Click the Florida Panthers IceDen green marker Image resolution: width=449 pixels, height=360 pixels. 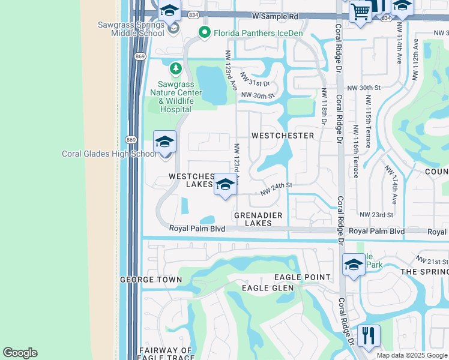(x=204, y=33)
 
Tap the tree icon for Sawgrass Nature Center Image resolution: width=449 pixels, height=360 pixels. (x=175, y=69)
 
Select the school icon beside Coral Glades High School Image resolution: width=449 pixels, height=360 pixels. (x=164, y=143)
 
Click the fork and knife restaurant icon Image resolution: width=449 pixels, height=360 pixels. (x=369, y=335)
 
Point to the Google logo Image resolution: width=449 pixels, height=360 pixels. (x=20, y=353)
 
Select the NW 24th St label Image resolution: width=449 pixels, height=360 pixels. (x=276, y=189)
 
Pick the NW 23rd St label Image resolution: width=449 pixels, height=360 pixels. (x=376, y=214)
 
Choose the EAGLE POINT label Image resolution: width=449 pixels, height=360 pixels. (x=302, y=277)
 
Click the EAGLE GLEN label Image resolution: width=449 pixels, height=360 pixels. (x=268, y=288)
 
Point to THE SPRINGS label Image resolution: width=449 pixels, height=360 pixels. (x=424, y=272)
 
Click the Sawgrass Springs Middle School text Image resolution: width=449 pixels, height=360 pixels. (x=131, y=29)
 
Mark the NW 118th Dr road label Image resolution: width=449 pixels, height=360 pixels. (x=324, y=107)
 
